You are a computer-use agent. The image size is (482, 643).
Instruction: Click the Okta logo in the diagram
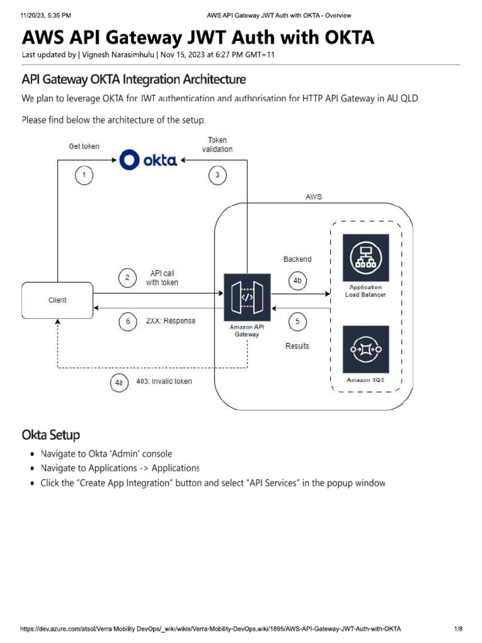148,160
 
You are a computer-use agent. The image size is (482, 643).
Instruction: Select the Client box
58,300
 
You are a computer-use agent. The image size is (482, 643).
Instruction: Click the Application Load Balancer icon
365,257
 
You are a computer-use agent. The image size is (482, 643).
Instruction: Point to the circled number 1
84,175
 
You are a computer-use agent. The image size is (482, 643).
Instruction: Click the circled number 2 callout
128,278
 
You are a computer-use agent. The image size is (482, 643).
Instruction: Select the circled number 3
217,175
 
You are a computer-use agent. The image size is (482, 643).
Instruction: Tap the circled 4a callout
119,382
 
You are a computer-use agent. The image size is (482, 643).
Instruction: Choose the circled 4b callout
297,281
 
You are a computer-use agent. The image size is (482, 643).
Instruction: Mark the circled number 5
297,322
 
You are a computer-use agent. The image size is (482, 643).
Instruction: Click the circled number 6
128,321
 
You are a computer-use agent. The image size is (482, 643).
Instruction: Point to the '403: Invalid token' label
164,381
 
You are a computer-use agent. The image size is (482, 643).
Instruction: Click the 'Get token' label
84,146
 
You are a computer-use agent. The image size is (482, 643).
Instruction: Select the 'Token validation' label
217,144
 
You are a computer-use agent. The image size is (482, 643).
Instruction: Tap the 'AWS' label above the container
314,197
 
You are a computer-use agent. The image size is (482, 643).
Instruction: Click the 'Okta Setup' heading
51,435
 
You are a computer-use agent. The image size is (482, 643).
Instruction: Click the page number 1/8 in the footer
458,629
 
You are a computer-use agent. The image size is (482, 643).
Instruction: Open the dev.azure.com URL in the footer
210,629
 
